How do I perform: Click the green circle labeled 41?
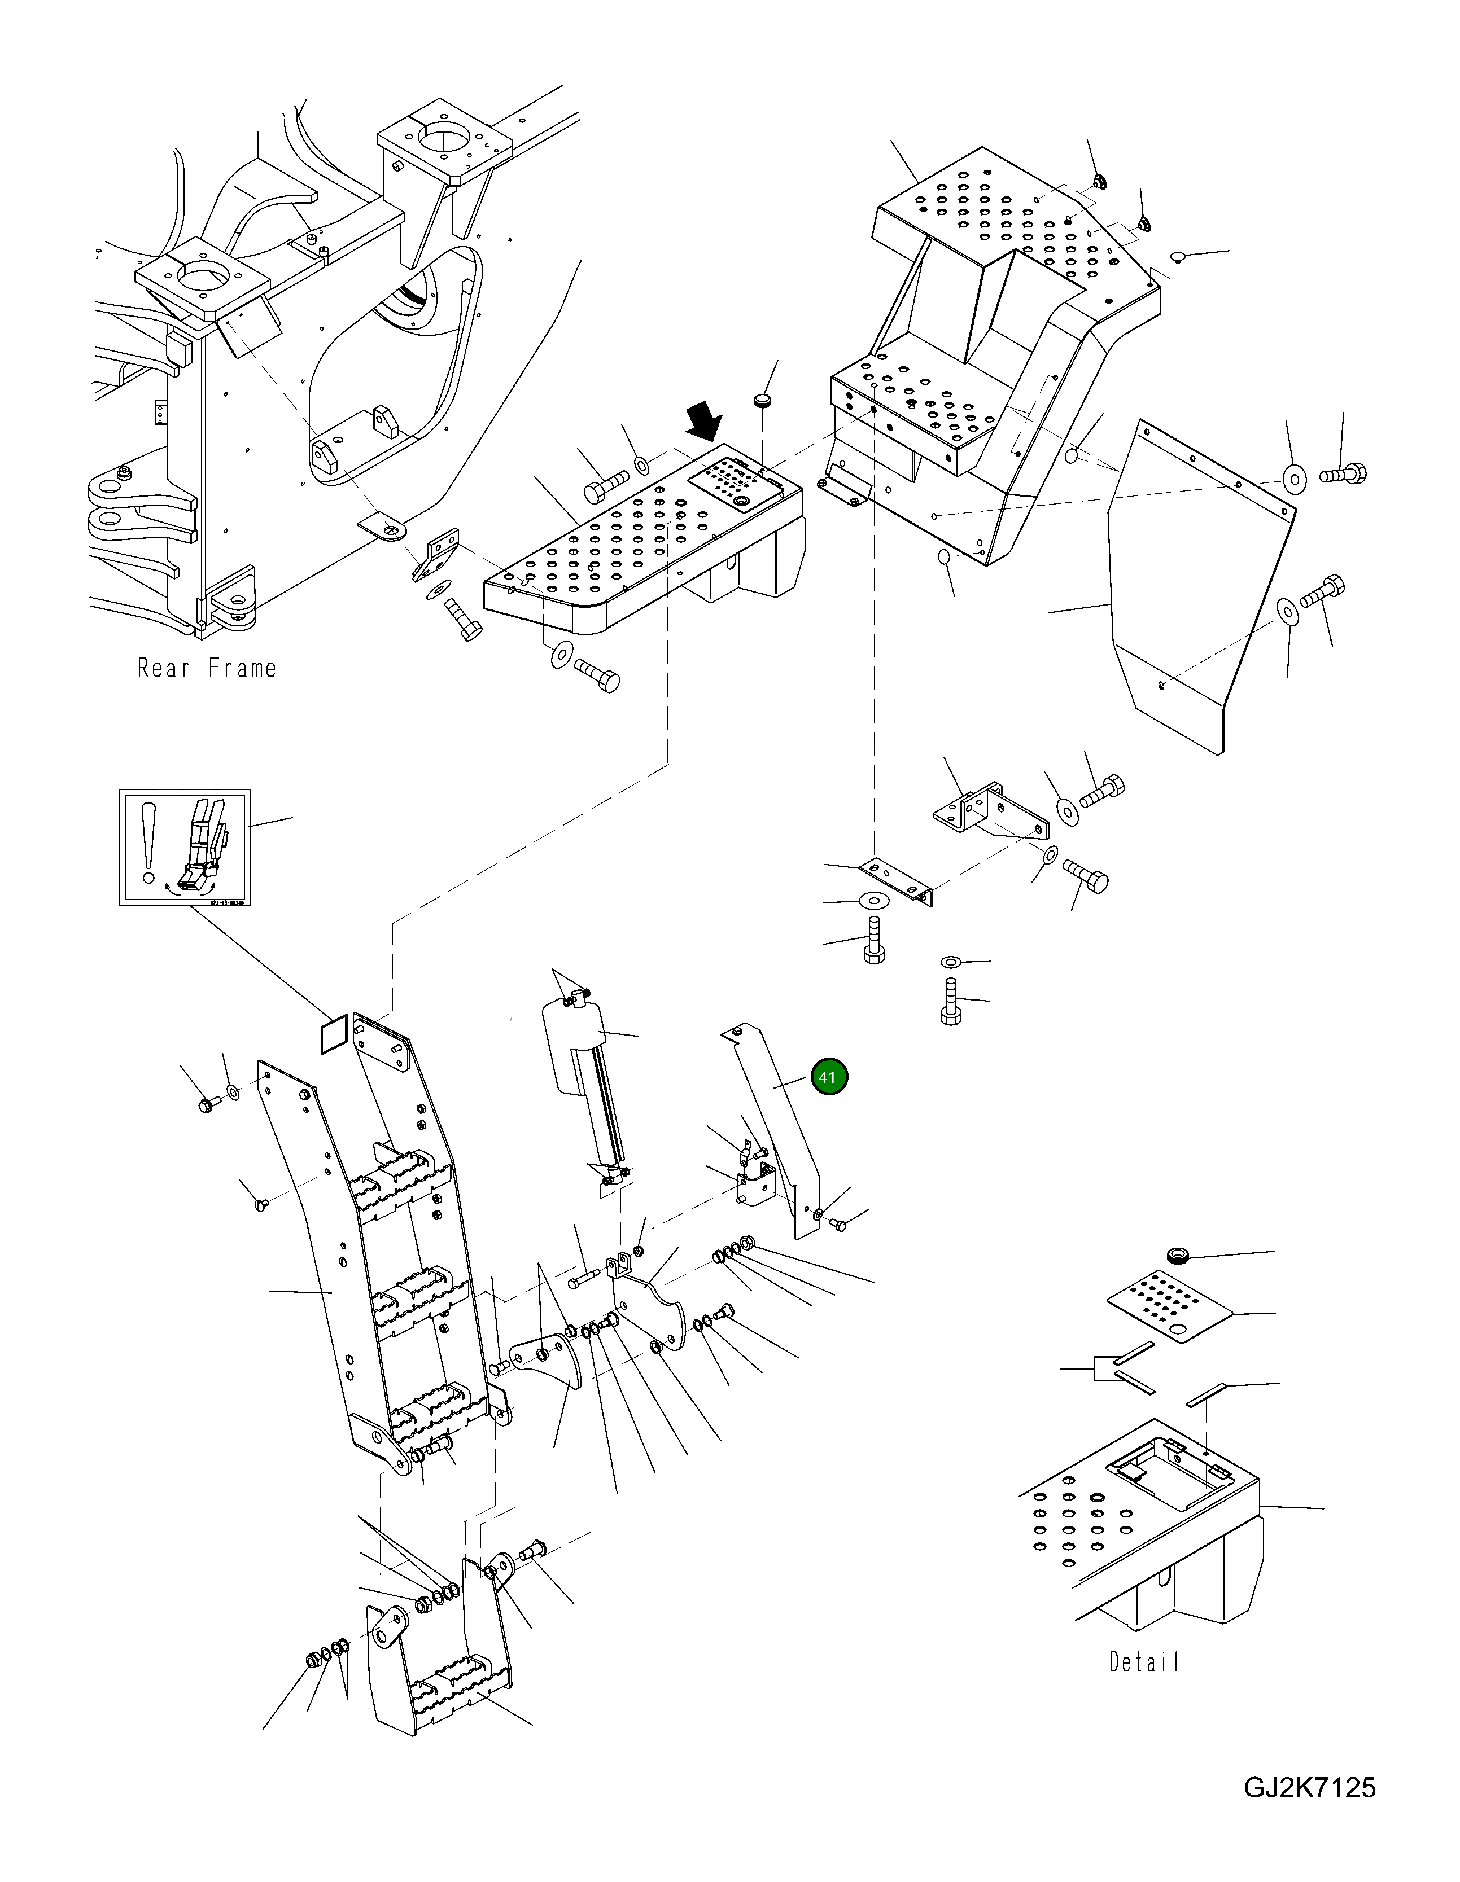pos(829,1077)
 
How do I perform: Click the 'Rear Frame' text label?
pos(207,668)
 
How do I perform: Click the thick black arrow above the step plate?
pos(704,422)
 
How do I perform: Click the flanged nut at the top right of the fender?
pos(1099,182)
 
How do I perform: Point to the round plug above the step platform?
pos(762,400)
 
